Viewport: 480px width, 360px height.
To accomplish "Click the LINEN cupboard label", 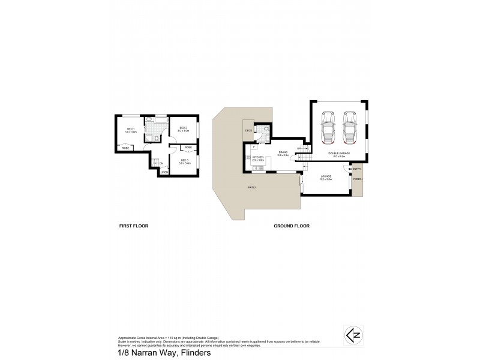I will coord(163,173).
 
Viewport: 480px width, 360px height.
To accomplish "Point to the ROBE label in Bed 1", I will coord(126,148).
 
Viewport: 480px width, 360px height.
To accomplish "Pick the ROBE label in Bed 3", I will coord(188,147).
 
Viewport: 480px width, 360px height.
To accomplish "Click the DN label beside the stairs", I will coord(161,163).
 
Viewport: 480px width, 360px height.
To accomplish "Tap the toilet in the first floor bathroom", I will coord(155,138).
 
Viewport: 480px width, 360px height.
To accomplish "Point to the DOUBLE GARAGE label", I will coord(338,154).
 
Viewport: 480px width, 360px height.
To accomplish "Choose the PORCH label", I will coord(358,179).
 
